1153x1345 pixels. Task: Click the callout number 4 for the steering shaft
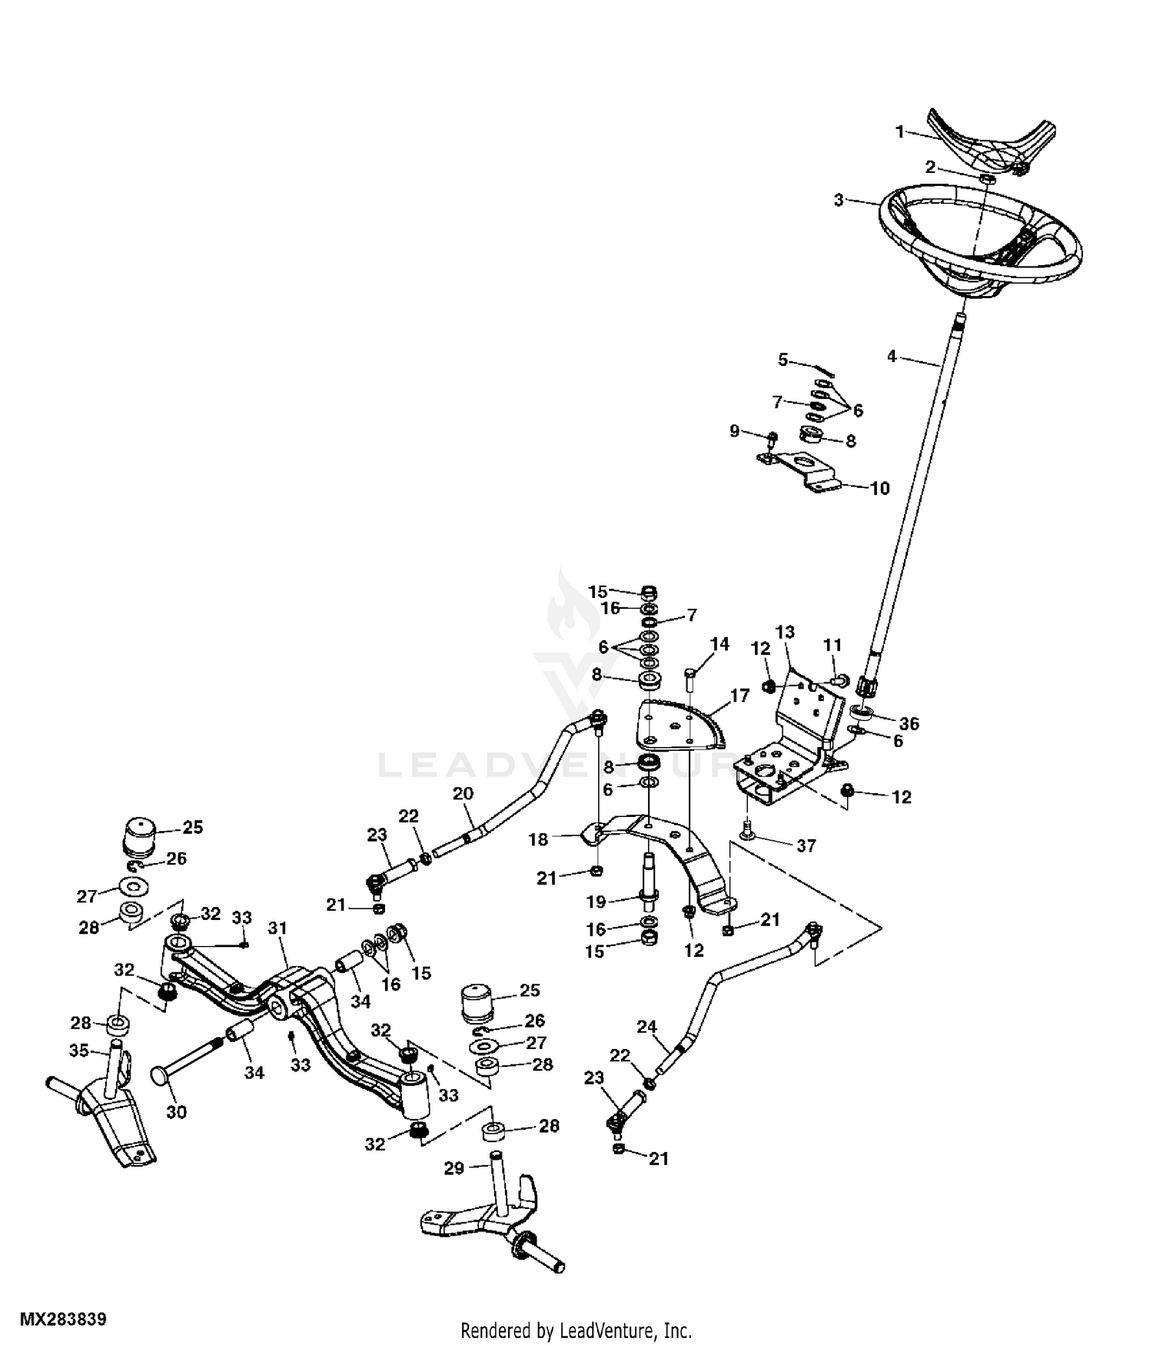pos(892,357)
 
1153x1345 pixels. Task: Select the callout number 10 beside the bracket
pos(879,488)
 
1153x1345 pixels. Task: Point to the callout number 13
pos(785,633)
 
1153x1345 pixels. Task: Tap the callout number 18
pos(538,839)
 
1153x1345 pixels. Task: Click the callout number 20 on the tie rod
pos(463,794)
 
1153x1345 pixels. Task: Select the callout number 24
pos(647,1026)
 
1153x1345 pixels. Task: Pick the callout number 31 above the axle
pos(277,928)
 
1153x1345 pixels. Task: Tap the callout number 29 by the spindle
pos(454,1168)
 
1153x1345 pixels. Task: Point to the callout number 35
pos(78,1051)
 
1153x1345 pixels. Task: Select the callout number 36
pos(909,723)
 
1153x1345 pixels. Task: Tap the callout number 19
pos(596,902)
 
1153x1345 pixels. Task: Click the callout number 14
pos(719,644)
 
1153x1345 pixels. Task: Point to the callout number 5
pos(783,360)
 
